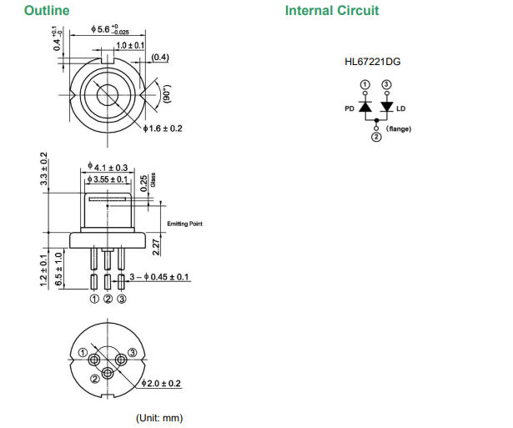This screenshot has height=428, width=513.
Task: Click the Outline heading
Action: (x=47, y=11)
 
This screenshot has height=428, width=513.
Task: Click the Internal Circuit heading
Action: (x=331, y=11)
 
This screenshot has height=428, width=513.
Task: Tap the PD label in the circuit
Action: (x=350, y=108)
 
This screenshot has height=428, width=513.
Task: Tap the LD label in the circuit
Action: (x=401, y=108)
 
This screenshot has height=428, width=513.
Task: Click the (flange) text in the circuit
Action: (x=399, y=128)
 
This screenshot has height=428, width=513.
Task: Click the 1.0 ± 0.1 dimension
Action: (x=130, y=44)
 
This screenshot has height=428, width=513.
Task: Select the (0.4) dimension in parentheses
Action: (x=160, y=58)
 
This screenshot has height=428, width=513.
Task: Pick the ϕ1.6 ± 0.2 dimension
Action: (x=163, y=128)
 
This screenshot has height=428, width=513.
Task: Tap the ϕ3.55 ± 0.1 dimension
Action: (x=109, y=179)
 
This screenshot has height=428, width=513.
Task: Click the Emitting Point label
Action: (x=184, y=224)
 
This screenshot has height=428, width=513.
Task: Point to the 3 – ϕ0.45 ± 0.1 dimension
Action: (x=160, y=276)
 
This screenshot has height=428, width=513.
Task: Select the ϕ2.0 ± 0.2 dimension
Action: (x=163, y=383)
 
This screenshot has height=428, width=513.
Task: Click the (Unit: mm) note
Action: (x=159, y=417)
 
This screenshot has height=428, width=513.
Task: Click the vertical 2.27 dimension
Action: (x=155, y=247)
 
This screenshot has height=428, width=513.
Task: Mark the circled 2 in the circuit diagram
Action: (x=376, y=138)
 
